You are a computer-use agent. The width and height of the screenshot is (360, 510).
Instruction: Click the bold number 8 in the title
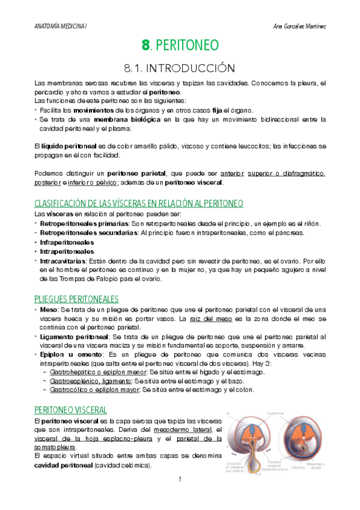[145, 45]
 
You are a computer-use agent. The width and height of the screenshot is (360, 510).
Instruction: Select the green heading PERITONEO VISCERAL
[70, 410]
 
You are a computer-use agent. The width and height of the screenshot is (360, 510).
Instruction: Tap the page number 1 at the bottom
[180, 479]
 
